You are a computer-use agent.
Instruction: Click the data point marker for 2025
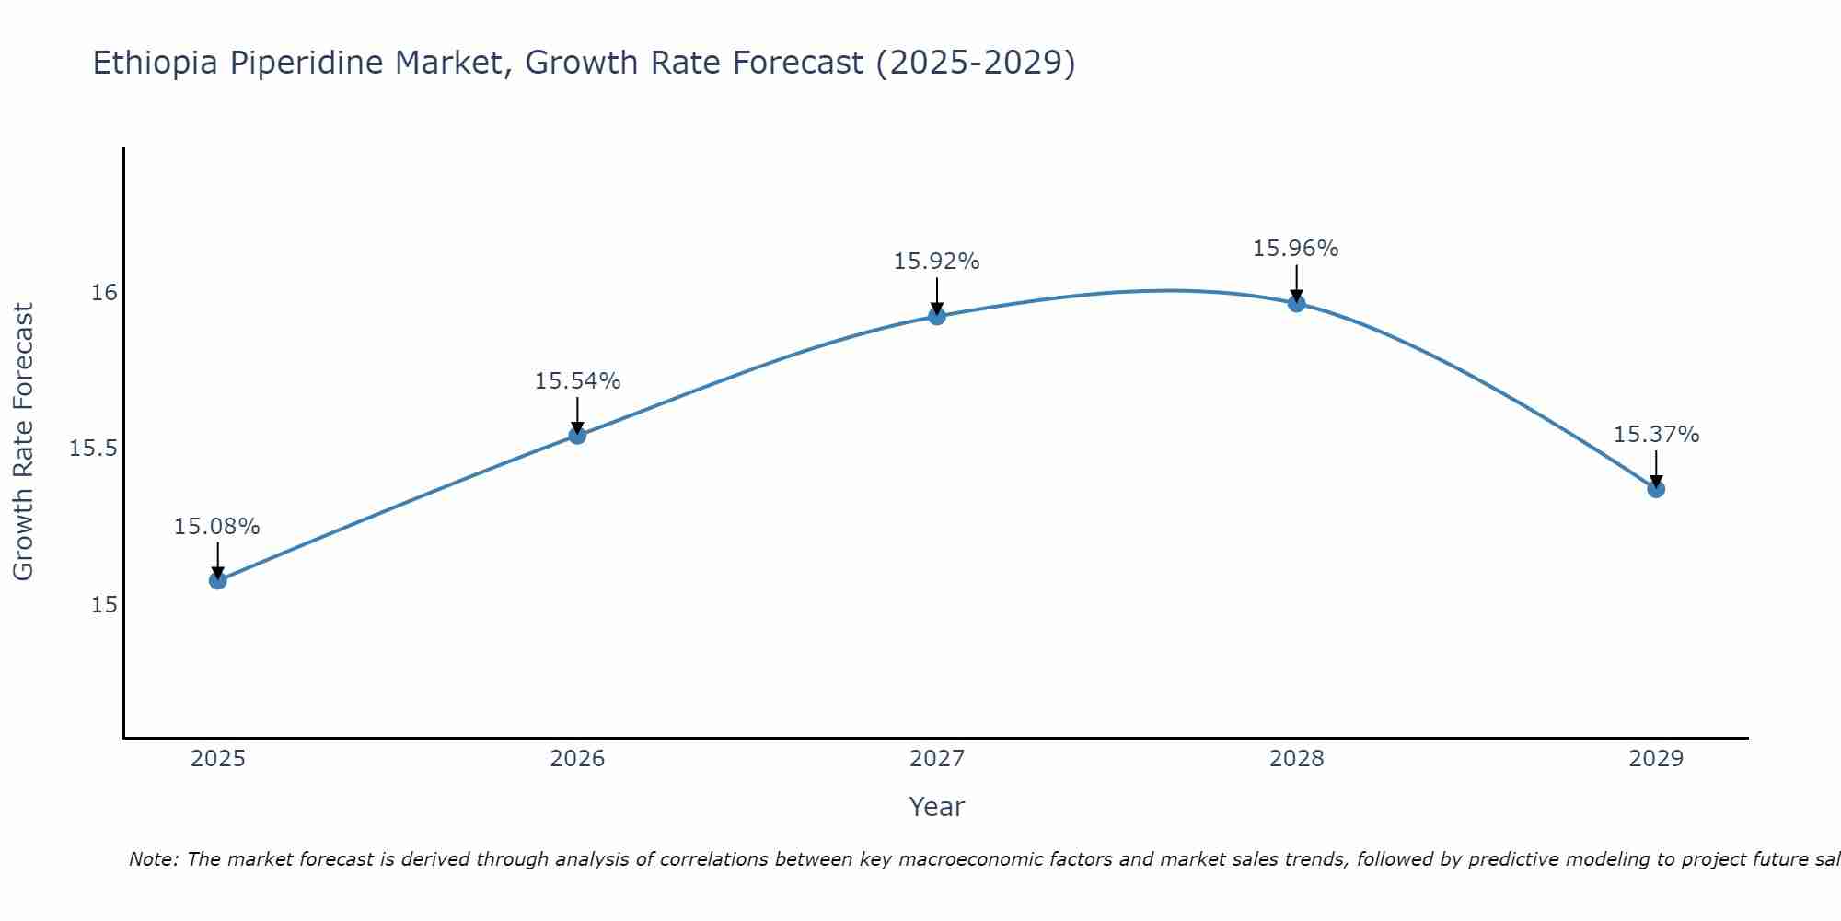218,580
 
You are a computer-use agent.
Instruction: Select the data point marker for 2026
577,435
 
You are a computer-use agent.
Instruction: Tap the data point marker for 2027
937,316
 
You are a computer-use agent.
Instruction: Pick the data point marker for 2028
1296,303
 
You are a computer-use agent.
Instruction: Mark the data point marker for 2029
1656,488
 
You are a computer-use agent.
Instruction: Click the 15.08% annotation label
217,527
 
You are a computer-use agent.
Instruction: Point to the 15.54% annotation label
577,381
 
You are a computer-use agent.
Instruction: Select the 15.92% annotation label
937,262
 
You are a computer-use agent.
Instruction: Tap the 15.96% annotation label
1296,249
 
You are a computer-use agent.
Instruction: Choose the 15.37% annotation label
1656,435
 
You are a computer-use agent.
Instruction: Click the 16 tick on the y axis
104,293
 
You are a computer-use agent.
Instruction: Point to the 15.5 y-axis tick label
94,449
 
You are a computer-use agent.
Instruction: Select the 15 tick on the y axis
104,604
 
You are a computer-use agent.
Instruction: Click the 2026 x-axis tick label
577,759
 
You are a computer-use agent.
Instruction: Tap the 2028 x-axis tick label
1296,759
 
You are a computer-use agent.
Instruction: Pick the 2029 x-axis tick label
1656,759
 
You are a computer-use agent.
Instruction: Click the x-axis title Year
937,807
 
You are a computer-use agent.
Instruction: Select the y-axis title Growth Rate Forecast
24,442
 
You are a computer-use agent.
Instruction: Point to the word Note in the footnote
152,859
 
